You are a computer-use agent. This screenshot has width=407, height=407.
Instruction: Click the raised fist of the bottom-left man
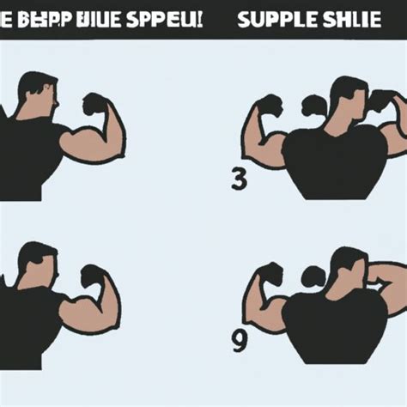coord(93,275)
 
